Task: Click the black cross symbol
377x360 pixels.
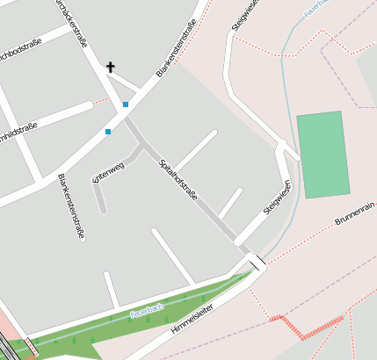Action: [111, 67]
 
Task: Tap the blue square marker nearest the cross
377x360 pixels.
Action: [126, 104]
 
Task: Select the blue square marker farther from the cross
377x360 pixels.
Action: [108, 132]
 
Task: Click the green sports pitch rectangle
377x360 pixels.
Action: [323, 155]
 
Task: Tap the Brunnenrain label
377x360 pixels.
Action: [355, 212]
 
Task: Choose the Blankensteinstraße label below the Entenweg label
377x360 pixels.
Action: [71, 206]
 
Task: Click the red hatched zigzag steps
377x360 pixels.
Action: [304, 327]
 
